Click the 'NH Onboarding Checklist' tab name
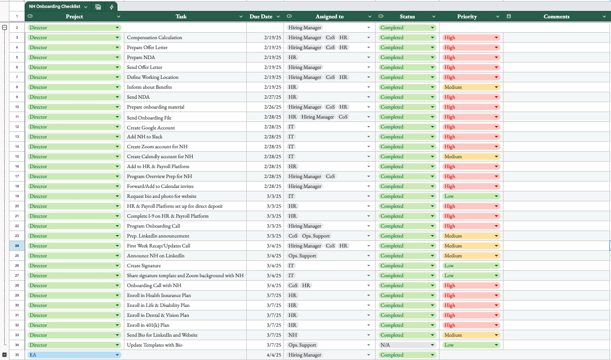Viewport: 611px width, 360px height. tap(55, 6)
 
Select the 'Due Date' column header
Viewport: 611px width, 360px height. tap(261, 16)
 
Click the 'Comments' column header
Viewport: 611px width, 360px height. tap(556, 16)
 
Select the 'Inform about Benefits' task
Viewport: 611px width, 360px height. tap(149, 87)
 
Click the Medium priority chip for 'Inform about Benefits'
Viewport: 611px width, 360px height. tap(471, 87)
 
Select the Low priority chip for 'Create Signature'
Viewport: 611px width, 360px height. tap(471, 266)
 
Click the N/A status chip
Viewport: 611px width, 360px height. tap(407, 345)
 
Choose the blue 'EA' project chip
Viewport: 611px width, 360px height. tap(74, 355)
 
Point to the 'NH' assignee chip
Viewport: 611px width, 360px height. tap(293, 335)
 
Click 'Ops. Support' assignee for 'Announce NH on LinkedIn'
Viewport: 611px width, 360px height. tap(302, 256)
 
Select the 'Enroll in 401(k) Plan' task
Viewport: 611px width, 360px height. tap(148, 325)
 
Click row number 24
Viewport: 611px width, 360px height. tap(17, 245)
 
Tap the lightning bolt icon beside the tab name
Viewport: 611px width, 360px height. tap(111, 7)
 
